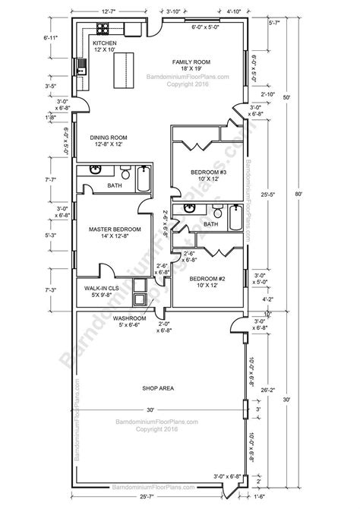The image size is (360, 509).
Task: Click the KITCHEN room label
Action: [105, 44]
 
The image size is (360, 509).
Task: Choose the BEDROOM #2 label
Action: [206, 279]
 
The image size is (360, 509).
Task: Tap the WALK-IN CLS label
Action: [101, 289]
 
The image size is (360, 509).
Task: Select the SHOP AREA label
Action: [159, 388]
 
